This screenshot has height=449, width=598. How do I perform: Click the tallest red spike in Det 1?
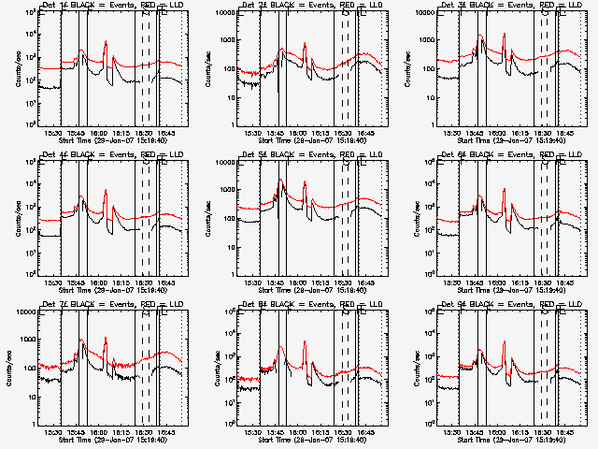click(x=106, y=41)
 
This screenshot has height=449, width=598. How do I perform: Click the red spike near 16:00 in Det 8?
click(x=305, y=342)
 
